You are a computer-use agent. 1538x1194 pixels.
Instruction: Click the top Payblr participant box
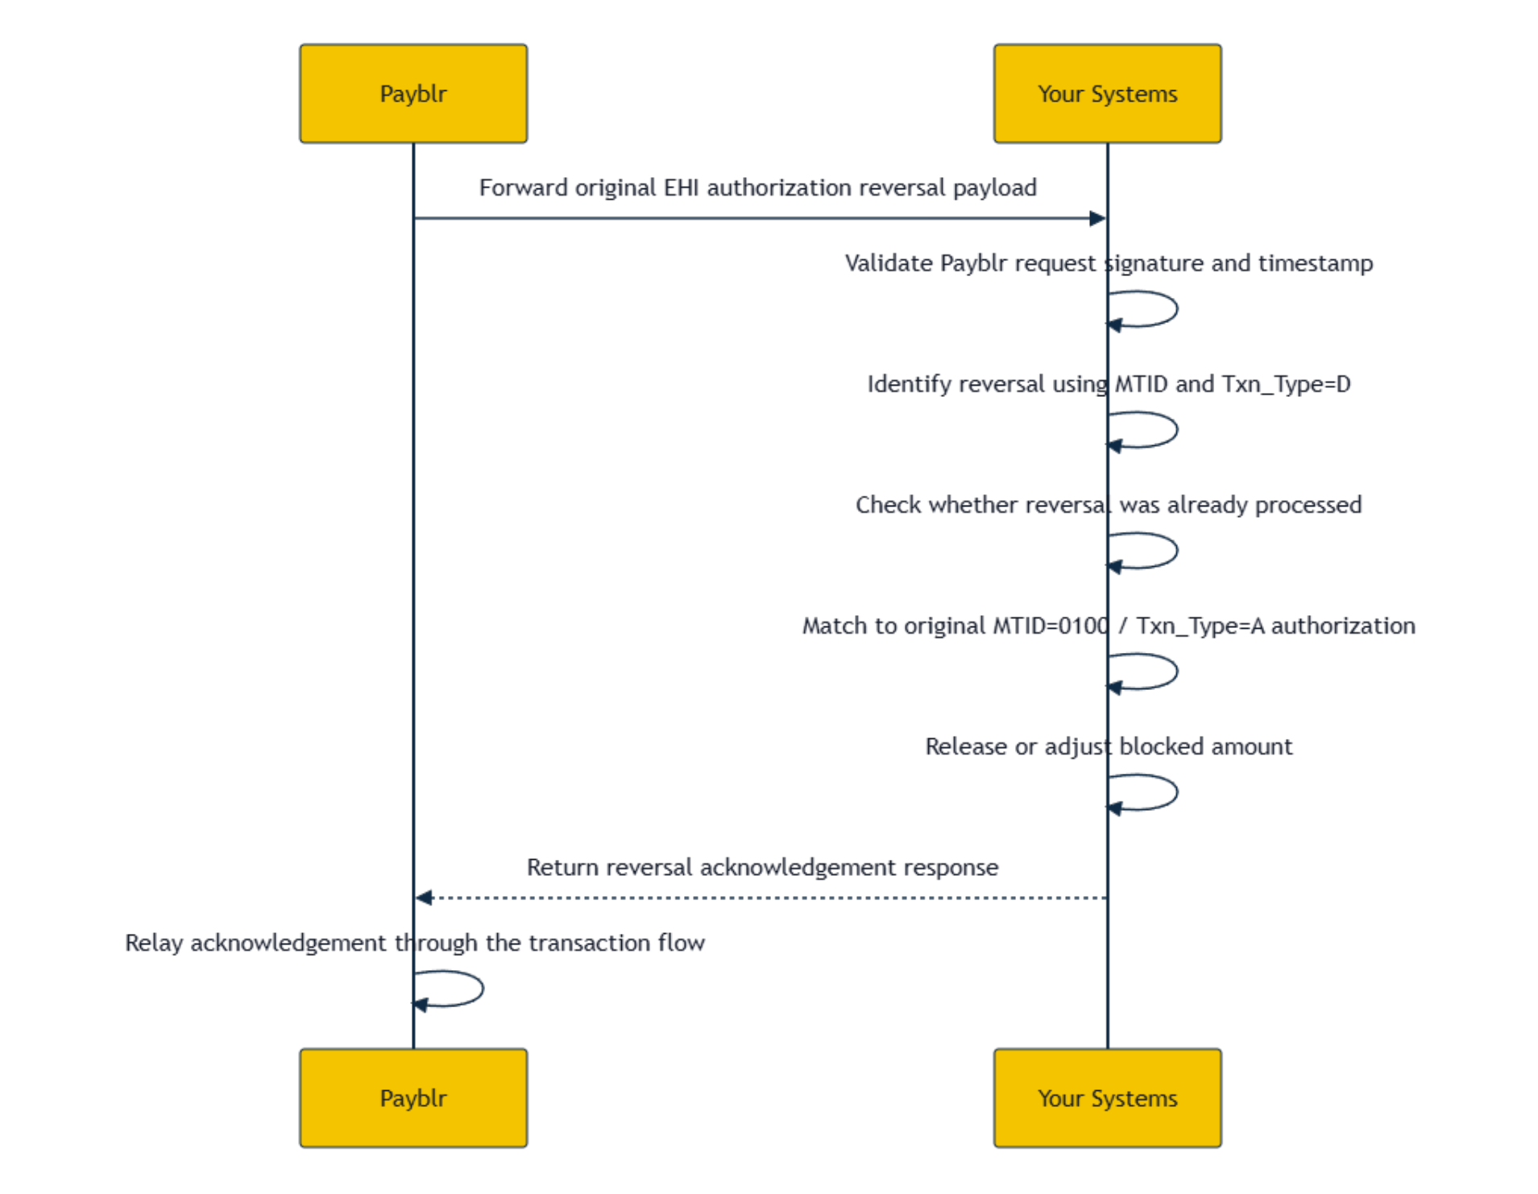(413, 93)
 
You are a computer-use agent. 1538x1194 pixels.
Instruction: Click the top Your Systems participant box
(1107, 93)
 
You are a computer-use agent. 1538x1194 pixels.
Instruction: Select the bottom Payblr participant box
(413, 1097)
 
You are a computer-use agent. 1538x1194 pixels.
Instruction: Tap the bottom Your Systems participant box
(1107, 1097)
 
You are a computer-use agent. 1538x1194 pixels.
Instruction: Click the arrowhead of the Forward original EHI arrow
(1097, 218)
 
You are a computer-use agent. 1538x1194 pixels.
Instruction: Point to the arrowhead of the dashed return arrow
(424, 897)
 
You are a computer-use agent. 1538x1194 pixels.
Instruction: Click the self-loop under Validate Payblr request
(1177, 309)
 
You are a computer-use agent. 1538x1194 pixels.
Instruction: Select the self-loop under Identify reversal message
(1177, 430)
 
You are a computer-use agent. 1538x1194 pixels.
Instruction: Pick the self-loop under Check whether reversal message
(1177, 551)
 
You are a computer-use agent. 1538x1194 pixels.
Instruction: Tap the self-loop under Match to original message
(1177, 671)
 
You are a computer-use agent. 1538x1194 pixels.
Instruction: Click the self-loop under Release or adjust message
(1177, 792)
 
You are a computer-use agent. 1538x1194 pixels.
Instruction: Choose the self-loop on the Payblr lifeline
(483, 989)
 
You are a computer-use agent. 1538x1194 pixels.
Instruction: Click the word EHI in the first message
(681, 188)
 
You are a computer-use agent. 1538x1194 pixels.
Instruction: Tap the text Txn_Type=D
(1286, 384)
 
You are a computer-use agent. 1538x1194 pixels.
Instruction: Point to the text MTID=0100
(1051, 626)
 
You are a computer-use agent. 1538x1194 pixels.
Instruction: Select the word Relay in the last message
(154, 943)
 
